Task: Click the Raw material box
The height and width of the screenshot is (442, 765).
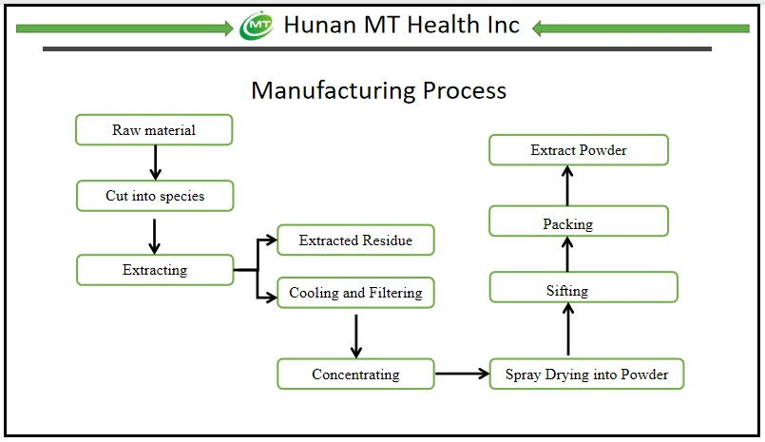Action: click(154, 130)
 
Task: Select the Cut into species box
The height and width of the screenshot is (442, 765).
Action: click(154, 196)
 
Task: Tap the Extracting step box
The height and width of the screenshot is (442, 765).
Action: click(154, 270)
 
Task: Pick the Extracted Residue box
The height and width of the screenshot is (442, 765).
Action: click(355, 240)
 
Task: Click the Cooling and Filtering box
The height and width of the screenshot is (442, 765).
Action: click(355, 293)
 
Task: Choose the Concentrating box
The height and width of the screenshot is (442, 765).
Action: click(355, 374)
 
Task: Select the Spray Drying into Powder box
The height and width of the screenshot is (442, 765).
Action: click(586, 374)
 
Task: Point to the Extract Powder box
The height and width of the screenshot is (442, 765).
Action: click(579, 150)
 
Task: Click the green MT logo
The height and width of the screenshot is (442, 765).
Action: click(257, 26)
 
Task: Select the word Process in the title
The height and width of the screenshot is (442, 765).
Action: click(465, 90)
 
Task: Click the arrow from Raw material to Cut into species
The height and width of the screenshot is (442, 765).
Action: click(154, 163)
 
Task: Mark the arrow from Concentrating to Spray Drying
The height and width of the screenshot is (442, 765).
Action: click(462, 374)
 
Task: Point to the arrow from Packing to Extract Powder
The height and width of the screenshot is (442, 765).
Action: click(567, 185)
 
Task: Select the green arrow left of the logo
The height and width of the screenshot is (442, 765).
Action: click(124, 29)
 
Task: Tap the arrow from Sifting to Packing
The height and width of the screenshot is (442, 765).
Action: click(567, 254)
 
